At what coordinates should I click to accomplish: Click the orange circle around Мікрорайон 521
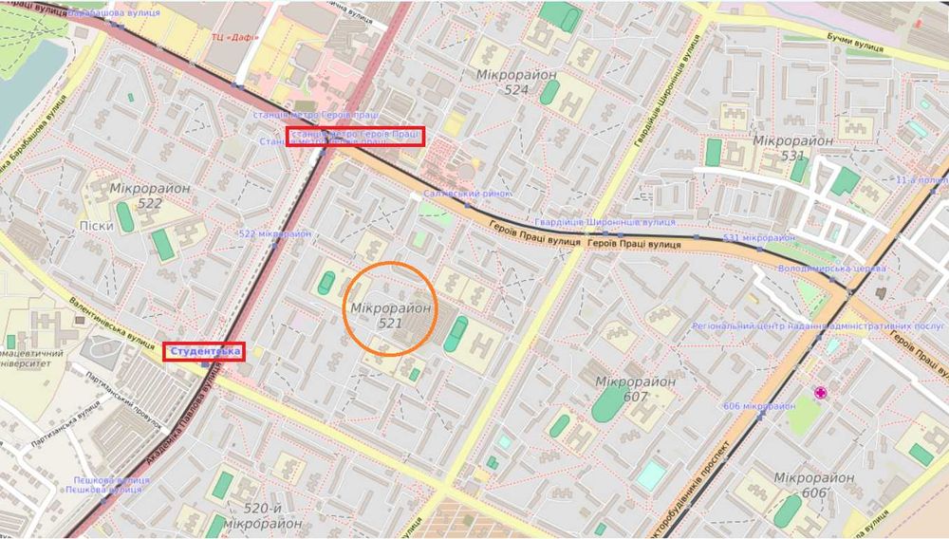pyautogui.click(x=390, y=309)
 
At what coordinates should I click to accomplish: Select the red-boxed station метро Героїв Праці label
pyautogui.click(x=356, y=135)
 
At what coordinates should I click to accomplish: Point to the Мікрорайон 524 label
pyautogui.click(x=503, y=81)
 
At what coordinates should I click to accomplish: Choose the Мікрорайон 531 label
pyautogui.click(x=792, y=148)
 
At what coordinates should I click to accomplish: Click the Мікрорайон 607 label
pyautogui.click(x=635, y=388)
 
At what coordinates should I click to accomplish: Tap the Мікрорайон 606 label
pyautogui.click(x=813, y=486)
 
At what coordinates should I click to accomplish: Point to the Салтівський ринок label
pyautogui.click(x=467, y=194)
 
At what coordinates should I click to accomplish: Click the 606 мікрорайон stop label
pyautogui.click(x=758, y=406)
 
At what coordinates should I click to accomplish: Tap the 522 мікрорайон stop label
pyautogui.click(x=274, y=233)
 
